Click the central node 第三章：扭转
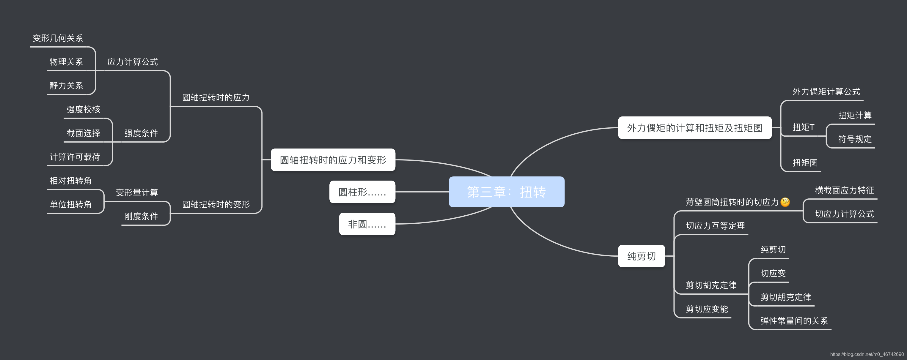(506, 192)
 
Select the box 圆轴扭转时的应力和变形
(333, 160)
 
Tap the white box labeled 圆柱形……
(362, 192)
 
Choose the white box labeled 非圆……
(367, 224)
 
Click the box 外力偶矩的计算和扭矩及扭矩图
(694, 128)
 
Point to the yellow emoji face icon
(785, 202)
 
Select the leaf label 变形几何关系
(58, 38)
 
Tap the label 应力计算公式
(132, 62)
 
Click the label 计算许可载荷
(75, 157)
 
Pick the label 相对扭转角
(70, 181)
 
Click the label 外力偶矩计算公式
(826, 92)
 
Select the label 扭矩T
(803, 127)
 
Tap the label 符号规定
(855, 139)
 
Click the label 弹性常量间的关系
(794, 321)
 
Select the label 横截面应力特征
(844, 190)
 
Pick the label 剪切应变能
(707, 309)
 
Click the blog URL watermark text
(867, 354)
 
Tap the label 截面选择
(84, 133)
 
